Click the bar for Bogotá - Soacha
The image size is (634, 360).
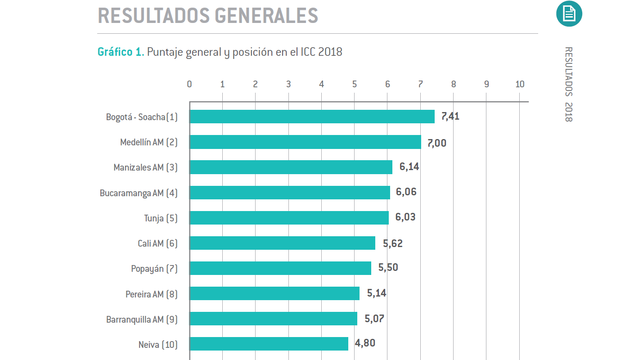312,117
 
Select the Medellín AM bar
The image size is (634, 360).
305,142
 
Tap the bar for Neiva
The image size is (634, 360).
269,344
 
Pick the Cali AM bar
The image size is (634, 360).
282,243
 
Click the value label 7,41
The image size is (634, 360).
450,117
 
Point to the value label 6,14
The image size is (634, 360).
409,167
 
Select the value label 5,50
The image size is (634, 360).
388,268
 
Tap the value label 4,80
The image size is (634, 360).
365,343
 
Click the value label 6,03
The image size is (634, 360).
405,217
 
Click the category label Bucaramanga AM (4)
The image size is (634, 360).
139,193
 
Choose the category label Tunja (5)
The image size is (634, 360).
161,218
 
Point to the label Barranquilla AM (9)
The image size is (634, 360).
142,319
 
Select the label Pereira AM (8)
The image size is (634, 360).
151,294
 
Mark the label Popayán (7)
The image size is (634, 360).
154,269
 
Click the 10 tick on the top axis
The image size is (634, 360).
520,84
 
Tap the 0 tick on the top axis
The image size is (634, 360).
189,84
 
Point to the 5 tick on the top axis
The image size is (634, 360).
355,84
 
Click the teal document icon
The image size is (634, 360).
569,13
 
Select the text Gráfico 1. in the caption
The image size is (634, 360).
121,52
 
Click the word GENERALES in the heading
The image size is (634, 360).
266,16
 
